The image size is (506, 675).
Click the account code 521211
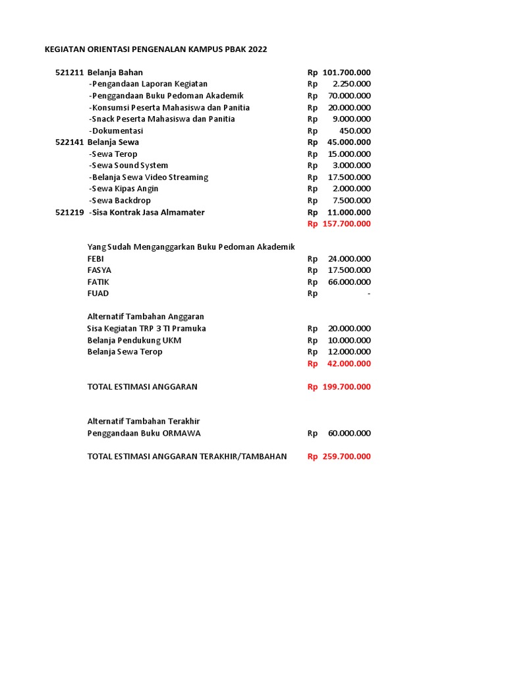pyautogui.click(x=69, y=73)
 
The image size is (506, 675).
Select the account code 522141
pyautogui.click(x=69, y=142)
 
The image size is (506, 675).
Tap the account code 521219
pyautogui.click(x=69, y=212)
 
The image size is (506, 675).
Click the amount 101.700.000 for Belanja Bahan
pyautogui.click(x=347, y=73)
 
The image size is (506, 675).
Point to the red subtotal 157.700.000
pyautogui.click(x=347, y=224)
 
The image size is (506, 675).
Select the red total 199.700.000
pyautogui.click(x=347, y=387)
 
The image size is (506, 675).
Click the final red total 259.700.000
pyautogui.click(x=347, y=457)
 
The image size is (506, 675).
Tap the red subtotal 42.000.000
pyautogui.click(x=349, y=364)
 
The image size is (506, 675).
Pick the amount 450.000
pyautogui.click(x=356, y=131)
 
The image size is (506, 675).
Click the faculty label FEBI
pyautogui.click(x=96, y=259)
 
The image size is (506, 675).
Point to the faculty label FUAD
pyautogui.click(x=98, y=294)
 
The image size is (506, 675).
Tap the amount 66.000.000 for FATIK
pyautogui.click(x=349, y=282)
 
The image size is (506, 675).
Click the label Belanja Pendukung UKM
pyautogui.click(x=134, y=340)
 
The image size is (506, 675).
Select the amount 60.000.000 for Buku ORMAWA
pyautogui.click(x=349, y=434)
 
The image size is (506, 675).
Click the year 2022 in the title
pyautogui.click(x=258, y=49)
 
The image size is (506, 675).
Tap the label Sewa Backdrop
pyautogui.click(x=120, y=200)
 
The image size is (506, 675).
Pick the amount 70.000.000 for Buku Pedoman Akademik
pyautogui.click(x=349, y=96)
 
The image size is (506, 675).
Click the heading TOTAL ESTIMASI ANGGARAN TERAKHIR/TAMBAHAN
pyautogui.click(x=187, y=457)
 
